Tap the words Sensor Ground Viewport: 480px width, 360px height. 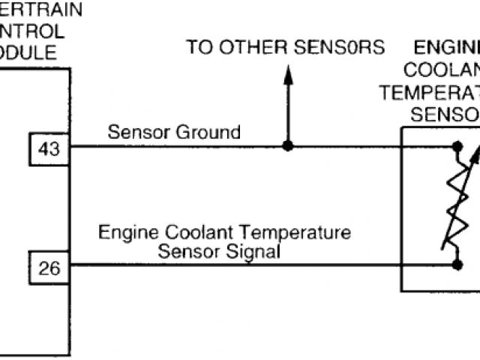point(174,133)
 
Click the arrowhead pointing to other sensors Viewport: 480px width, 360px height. point(286,73)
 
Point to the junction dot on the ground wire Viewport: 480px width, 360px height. point(286,145)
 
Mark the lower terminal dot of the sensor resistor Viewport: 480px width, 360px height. point(455,264)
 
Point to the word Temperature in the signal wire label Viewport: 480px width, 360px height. point(305,232)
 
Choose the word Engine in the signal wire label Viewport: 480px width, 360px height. point(124,232)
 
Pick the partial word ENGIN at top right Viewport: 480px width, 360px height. point(448,48)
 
